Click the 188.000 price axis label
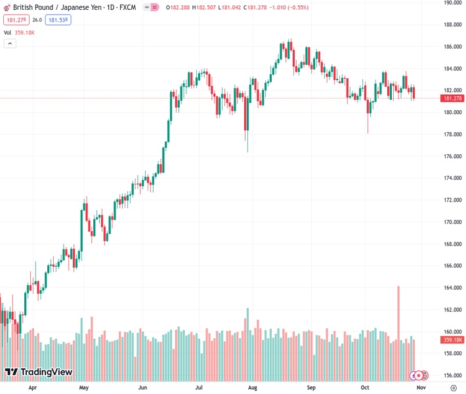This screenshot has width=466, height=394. click(452, 25)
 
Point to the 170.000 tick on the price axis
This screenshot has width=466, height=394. click(452, 222)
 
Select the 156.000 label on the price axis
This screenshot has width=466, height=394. click(452, 376)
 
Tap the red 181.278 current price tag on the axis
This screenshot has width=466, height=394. click(452, 98)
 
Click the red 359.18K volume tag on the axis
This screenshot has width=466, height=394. click(452, 339)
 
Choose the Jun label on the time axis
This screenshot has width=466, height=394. click(143, 387)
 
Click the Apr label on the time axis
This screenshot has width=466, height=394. click(33, 387)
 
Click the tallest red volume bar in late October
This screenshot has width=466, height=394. click(398, 315)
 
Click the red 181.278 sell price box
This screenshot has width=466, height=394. click(15, 20)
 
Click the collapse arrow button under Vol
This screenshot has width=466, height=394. click(10, 43)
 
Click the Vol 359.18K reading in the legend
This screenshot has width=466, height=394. click(21, 32)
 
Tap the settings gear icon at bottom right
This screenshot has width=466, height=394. click(454, 387)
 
